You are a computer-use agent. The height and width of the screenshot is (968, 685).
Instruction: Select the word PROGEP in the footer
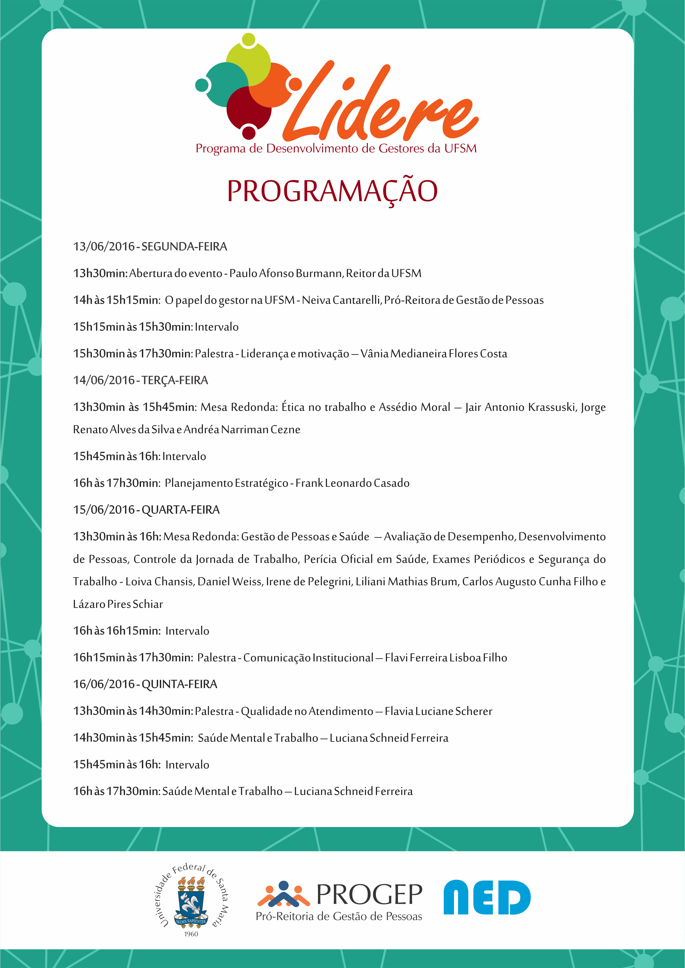click(x=369, y=894)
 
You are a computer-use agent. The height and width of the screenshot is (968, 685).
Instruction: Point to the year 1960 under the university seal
click(x=191, y=934)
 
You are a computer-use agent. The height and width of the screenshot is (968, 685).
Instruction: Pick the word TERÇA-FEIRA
click(x=175, y=380)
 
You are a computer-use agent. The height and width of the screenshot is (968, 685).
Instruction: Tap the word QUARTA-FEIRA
click(x=180, y=510)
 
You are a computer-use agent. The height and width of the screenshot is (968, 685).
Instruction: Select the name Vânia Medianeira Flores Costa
click(x=434, y=354)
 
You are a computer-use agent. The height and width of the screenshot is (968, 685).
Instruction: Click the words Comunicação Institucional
click(x=308, y=658)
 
